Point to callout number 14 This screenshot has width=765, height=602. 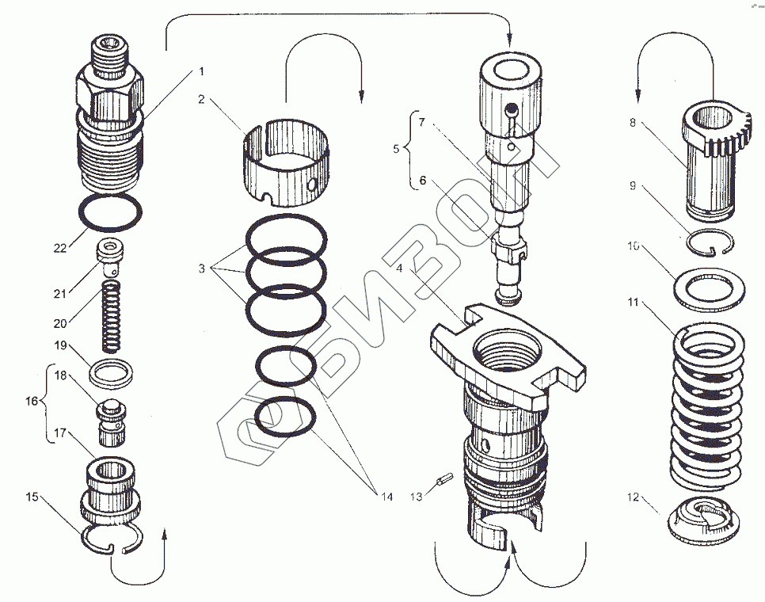386,497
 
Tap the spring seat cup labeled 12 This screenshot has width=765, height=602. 702,524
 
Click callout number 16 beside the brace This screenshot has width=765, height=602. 31,402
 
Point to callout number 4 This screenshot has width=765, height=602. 399,268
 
